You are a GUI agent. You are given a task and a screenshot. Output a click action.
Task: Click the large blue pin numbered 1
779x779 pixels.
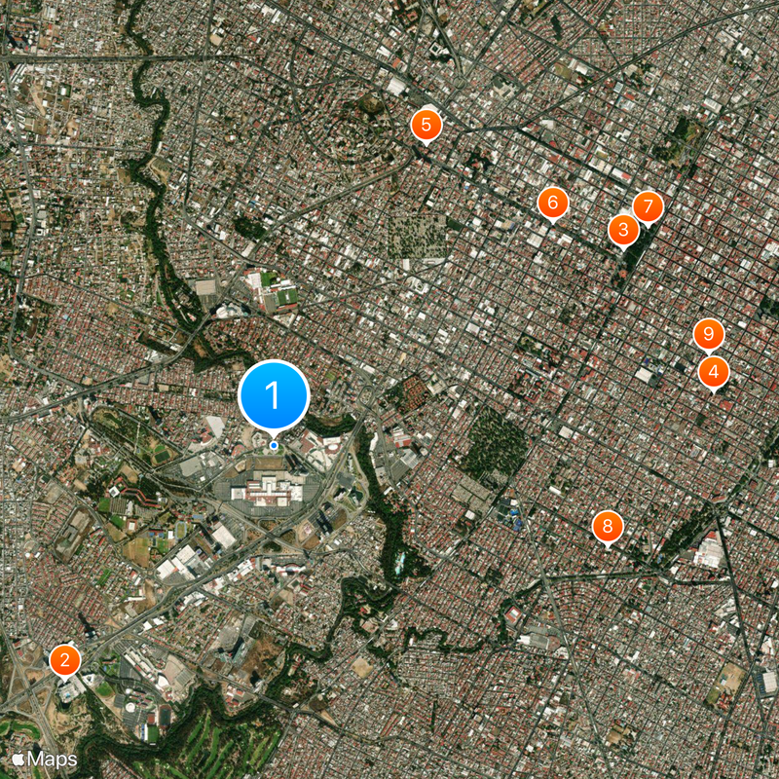pos(274,396)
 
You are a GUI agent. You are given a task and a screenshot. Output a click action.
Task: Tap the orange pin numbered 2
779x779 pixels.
pos(65,660)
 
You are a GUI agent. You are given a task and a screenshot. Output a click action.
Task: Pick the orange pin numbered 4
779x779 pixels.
pos(714,371)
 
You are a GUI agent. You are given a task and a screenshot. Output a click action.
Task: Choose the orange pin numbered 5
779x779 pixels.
pos(426,125)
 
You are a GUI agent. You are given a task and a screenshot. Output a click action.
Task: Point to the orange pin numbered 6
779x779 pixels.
pos(552,203)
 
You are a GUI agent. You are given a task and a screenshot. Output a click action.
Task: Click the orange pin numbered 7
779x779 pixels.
pos(648,206)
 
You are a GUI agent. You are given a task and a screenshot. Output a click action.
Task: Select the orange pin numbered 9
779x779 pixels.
pos(709,335)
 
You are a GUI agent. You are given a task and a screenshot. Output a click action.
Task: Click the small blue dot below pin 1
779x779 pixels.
pos(274,445)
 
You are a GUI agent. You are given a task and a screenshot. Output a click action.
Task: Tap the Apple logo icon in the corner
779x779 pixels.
pos(18,758)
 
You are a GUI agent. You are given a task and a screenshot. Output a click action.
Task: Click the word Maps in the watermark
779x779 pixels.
pos(52,758)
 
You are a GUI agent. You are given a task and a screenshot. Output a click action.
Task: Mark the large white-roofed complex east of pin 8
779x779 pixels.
pos(709,551)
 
